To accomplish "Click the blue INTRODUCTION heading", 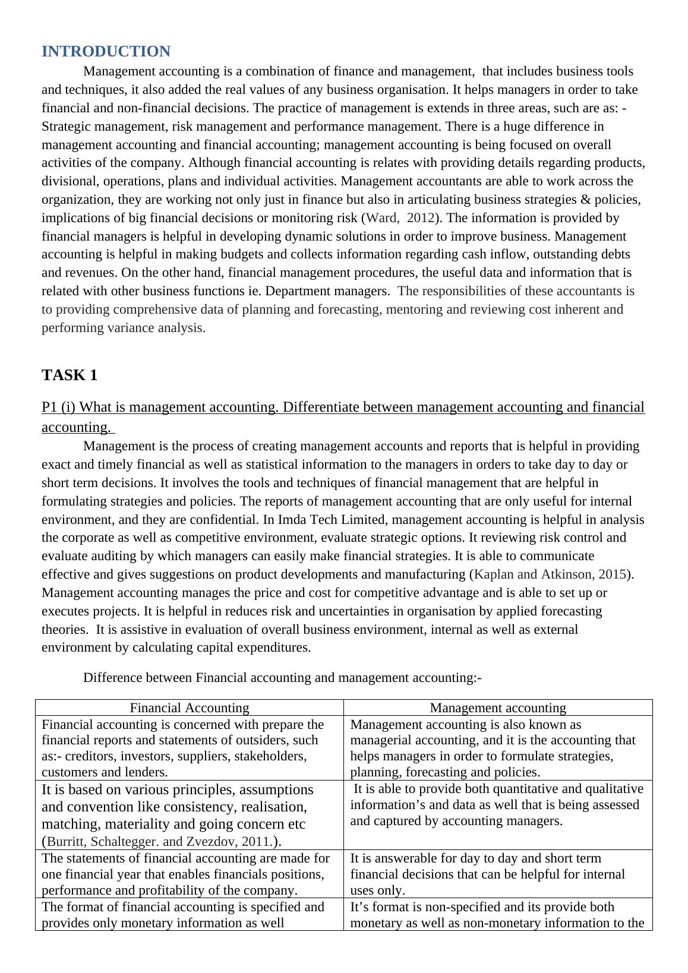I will pos(106,52).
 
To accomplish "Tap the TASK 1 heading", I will pos(69,375).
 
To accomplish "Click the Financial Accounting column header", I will pos(189,707).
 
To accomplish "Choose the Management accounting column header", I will pos(497,707).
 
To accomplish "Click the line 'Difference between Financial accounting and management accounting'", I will pos(282,678).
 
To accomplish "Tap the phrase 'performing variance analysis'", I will pos(123,328).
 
